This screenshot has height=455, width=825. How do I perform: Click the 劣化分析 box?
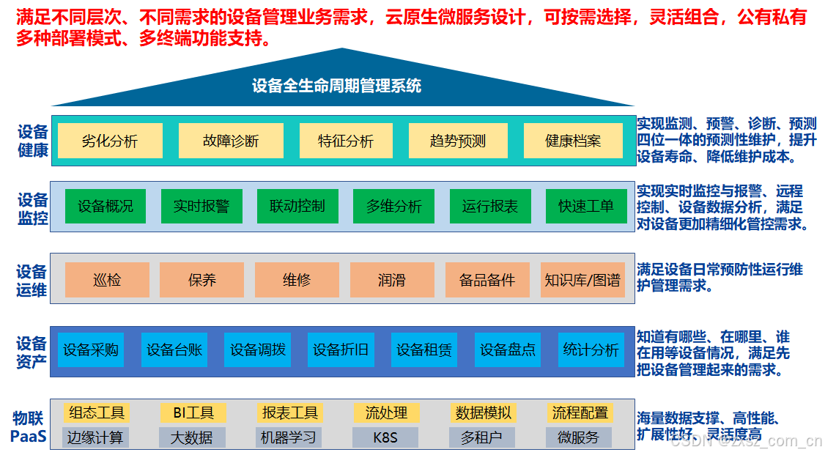[110, 141]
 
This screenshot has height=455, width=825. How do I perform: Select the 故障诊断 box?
[231, 141]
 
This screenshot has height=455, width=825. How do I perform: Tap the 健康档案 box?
[573, 141]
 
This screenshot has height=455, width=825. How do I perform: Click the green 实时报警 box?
[201, 206]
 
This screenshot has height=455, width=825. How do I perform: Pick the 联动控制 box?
[297, 206]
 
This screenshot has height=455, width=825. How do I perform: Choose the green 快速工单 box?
[586, 206]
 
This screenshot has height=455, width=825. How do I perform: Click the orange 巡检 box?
[107, 280]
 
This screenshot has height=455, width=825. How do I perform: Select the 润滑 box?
[392, 280]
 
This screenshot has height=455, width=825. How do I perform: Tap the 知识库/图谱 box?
[582, 280]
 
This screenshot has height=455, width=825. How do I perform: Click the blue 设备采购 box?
[91, 349]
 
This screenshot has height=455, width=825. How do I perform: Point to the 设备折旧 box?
[341, 349]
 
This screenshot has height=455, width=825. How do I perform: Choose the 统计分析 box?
[591, 349]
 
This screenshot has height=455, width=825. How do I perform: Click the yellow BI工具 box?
[193, 413]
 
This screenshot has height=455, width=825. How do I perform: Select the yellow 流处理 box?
[386, 413]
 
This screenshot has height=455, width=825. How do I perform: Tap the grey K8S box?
[385, 438]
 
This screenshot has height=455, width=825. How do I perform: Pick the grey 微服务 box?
[579, 438]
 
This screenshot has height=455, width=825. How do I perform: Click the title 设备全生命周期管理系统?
[337, 86]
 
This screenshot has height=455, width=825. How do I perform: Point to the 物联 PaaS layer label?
[29, 429]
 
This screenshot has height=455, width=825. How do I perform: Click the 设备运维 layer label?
[32, 281]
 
